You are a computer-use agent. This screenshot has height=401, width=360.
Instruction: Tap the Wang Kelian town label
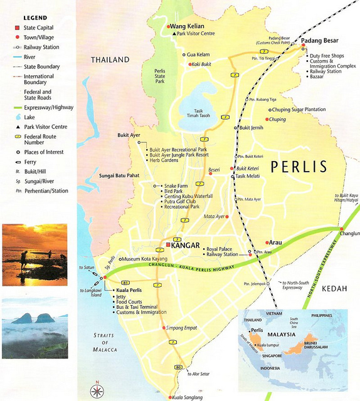tap(186, 26)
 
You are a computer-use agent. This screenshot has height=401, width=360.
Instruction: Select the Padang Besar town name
tap(319, 41)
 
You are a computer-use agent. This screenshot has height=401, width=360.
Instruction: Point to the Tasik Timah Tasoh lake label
tap(199, 113)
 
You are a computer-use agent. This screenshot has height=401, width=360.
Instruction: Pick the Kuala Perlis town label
tap(129, 291)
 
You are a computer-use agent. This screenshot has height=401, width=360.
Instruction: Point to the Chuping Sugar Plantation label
tap(299, 110)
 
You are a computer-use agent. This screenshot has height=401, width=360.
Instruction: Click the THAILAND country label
tap(110, 60)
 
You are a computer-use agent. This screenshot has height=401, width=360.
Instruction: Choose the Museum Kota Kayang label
tap(144, 259)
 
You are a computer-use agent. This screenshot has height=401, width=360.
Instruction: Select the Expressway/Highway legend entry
tap(48, 107)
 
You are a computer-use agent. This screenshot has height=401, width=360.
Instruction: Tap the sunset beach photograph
tap(34, 254)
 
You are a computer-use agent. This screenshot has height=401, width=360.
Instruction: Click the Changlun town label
tap(349, 233)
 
